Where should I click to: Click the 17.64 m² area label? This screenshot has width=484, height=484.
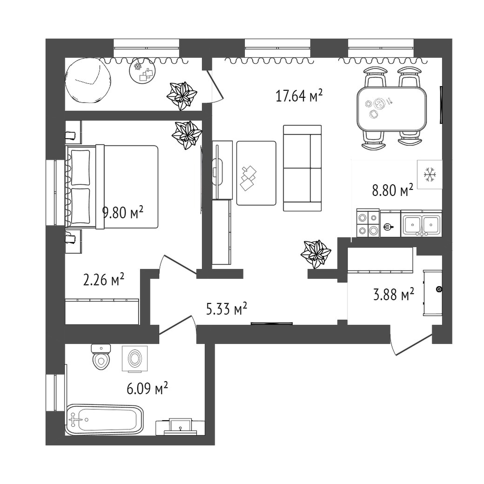tap(299, 96)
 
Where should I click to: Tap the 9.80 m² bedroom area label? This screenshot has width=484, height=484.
tap(123, 212)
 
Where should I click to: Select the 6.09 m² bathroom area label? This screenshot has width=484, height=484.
tap(147, 388)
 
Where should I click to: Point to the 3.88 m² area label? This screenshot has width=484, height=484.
tap(394, 294)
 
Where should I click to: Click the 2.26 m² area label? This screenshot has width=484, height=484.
tap(104, 279)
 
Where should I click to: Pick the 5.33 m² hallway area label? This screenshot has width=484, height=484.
tap(227, 309)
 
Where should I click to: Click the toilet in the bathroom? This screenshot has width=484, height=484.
tap(101, 357)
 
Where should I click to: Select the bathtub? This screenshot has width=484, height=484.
tap(105, 420)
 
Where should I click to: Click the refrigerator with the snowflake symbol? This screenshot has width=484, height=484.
tap(430, 175)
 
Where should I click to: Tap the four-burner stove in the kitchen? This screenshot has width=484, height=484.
tap(368, 223)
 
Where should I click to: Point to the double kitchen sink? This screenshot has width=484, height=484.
tap(421, 224)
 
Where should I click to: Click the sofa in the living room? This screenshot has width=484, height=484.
tap(302, 168)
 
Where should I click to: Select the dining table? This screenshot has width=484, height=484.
tap(392, 108)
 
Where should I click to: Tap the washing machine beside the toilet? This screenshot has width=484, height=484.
tap(134, 358)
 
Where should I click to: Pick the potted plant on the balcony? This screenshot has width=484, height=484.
tap(181, 96)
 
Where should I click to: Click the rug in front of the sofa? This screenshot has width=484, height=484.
tap(256, 173)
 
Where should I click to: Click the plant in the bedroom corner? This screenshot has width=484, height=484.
tap(187, 135)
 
